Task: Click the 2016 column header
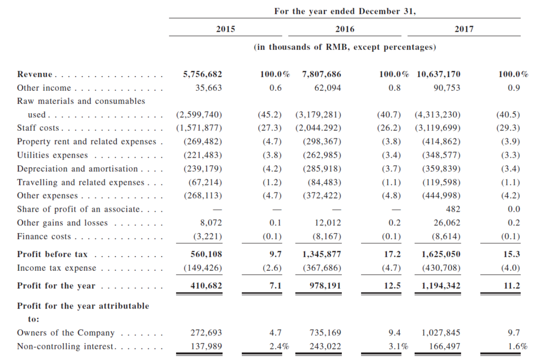coord(345,29)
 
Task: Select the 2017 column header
coord(464,29)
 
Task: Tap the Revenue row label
coord(34,74)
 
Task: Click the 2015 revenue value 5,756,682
coord(202,74)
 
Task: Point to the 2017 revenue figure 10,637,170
coord(439,74)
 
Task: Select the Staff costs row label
coord(38,128)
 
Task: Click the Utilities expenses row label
coord(53,155)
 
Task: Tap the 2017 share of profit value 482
coord(453,209)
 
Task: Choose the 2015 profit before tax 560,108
coord(206,254)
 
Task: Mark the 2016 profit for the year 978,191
coord(325,286)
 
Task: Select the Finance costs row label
coord(44,236)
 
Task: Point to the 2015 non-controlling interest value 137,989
coord(206,346)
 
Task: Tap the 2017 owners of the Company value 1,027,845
coord(441,333)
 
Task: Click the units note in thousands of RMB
coord(345,47)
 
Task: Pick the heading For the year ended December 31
coord(345,11)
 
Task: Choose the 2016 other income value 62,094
coord(328,88)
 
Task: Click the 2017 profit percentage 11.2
coord(512,286)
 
